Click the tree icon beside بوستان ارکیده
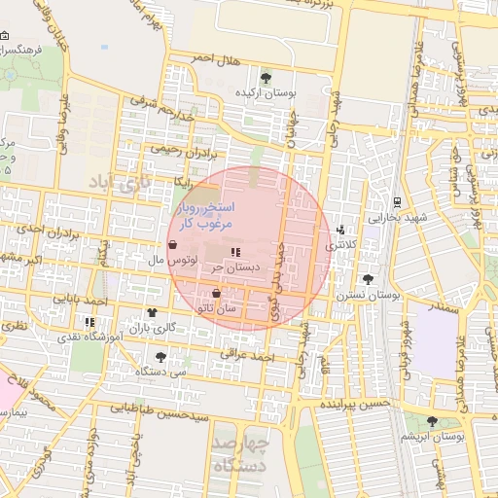(x=267, y=77)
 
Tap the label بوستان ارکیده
(x=267, y=92)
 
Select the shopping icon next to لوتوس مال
(x=172, y=244)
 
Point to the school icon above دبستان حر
(x=235, y=250)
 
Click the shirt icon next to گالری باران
(x=153, y=312)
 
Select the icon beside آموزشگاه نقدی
(x=90, y=321)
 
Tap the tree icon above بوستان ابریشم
(x=432, y=421)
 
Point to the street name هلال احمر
(x=215, y=58)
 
